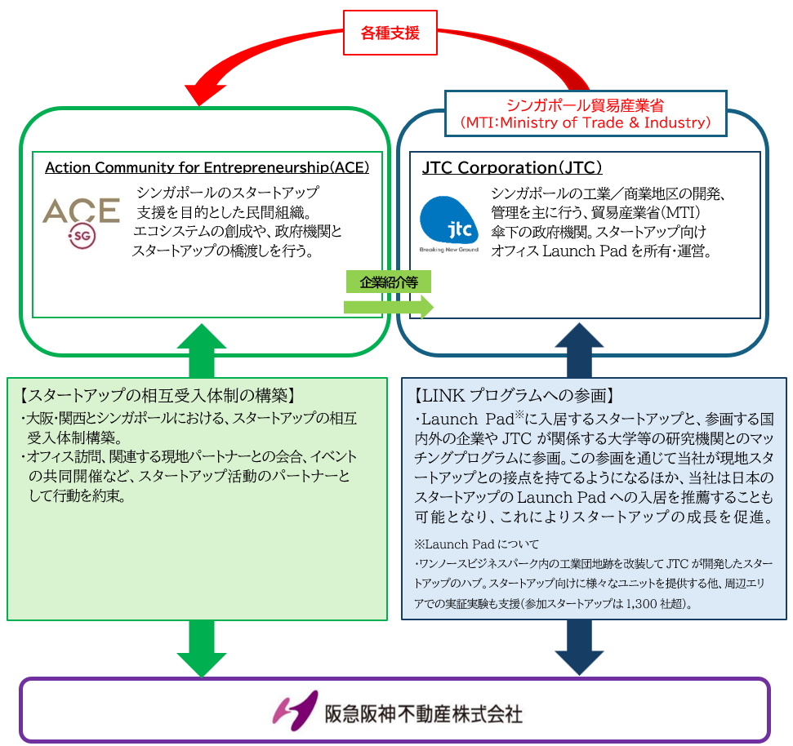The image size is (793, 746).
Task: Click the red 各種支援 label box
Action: [390, 33]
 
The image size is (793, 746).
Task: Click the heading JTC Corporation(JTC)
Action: [512, 168]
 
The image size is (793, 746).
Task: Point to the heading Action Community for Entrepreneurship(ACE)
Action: [207, 168]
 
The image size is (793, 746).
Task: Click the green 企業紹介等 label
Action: [386, 282]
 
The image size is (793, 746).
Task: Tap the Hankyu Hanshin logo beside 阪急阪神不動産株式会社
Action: [295, 710]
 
